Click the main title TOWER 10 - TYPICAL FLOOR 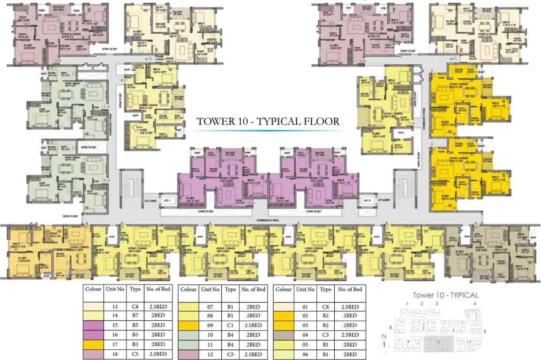268,121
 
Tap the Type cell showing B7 136,316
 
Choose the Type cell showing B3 136,344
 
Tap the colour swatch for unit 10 188,335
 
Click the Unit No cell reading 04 306,335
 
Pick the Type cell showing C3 325,335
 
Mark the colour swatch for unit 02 284,316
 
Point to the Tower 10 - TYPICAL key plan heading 445,295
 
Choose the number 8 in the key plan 390,327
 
